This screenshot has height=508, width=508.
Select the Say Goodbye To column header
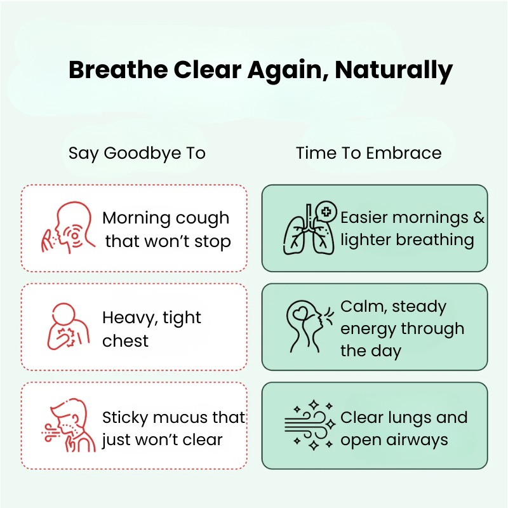[137, 153]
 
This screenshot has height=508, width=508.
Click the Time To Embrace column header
[368, 153]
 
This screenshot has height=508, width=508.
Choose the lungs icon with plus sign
[308, 228]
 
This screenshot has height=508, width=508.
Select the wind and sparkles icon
[308, 425]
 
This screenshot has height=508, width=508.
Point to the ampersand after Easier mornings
[478, 218]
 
